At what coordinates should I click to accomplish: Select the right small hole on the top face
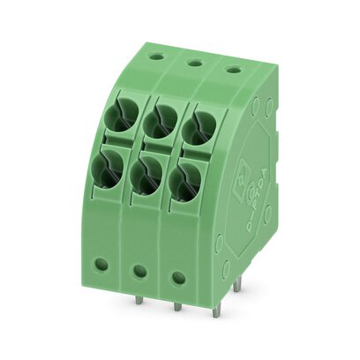tap(232, 69)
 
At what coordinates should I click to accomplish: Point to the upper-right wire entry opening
tap(197, 124)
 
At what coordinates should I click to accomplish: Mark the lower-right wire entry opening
tap(184, 179)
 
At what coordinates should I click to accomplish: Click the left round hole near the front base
tap(101, 263)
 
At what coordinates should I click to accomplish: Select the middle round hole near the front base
tap(139, 270)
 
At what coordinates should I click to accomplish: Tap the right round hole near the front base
tap(178, 277)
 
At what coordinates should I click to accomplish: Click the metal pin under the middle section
tap(176, 306)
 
